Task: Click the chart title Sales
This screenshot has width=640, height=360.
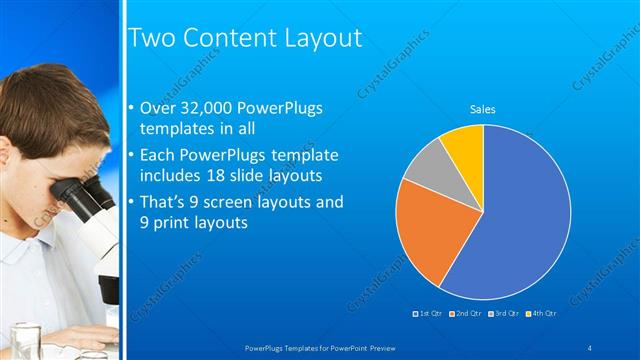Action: pyautogui.click(x=483, y=110)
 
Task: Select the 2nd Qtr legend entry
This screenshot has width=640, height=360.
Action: pyautogui.click(x=467, y=314)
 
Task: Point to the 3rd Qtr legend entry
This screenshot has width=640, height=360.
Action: pyautogui.click(x=503, y=314)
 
